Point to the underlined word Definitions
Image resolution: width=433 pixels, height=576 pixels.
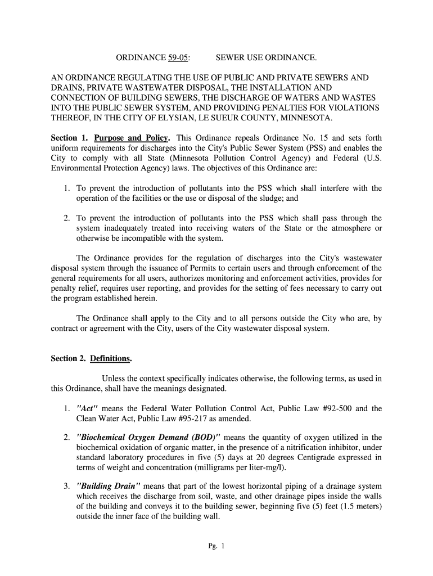(x=115, y=358)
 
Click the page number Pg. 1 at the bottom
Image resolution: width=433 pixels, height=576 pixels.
(x=216, y=546)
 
